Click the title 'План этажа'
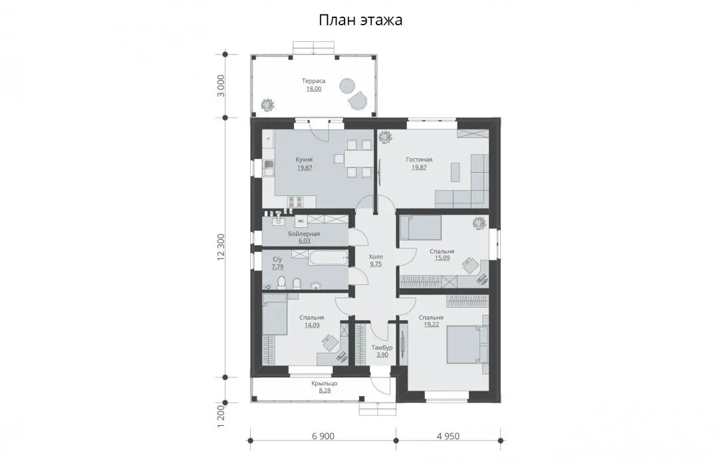[x=360, y=20]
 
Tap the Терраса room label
[x=313, y=81]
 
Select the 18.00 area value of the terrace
[x=313, y=89]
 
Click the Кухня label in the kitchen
[x=305, y=159]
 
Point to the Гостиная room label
[x=419, y=159]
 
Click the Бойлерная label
[x=304, y=234]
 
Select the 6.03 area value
[x=305, y=240]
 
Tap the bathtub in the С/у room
[x=329, y=258]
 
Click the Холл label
[x=376, y=256]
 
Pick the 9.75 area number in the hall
[x=376, y=264]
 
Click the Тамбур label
[x=382, y=347]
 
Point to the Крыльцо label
[x=324, y=383]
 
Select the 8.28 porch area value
[x=324, y=391]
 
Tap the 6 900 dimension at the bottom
[x=323, y=436]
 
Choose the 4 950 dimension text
[x=448, y=436]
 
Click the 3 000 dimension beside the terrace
[x=221, y=86]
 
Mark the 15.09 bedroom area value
[x=442, y=258]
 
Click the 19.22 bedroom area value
[x=431, y=324]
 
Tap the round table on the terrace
[x=347, y=86]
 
